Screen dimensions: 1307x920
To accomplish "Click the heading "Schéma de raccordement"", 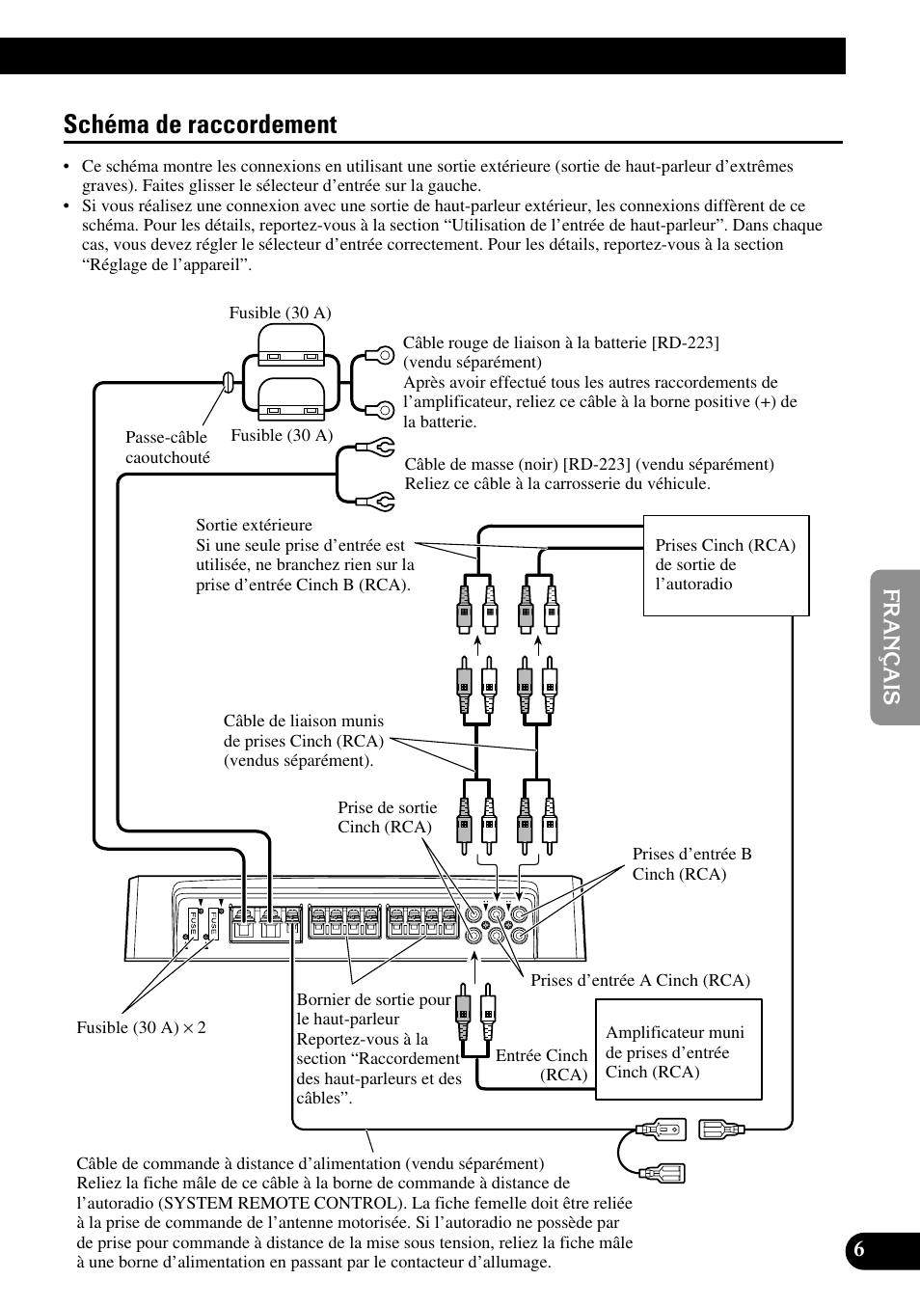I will (x=201, y=124).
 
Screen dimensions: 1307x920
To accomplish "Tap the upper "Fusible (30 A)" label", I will (x=280, y=313).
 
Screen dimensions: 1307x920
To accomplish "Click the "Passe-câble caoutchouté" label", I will (x=167, y=448).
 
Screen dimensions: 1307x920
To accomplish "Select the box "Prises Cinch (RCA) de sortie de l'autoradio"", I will (x=725, y=565).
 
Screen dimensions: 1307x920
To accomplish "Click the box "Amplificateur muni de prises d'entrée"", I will (x=679, y=1049).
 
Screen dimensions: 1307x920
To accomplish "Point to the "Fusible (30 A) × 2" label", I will (x=141, y=1027).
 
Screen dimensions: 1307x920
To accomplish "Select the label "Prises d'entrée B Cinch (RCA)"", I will (x=691, y=864).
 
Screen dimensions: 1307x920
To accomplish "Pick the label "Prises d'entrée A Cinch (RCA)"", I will (x=639, y=980).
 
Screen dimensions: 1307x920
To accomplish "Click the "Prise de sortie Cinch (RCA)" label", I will (x=387, y=818).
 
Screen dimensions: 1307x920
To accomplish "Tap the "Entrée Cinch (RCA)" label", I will (x=542, y=1065).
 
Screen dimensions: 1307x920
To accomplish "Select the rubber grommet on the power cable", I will (x=230, y=381).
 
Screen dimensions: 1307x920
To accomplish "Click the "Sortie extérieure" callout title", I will (x=254, y=526).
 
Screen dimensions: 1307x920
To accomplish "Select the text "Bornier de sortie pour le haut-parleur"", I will (x=373, y=1009).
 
